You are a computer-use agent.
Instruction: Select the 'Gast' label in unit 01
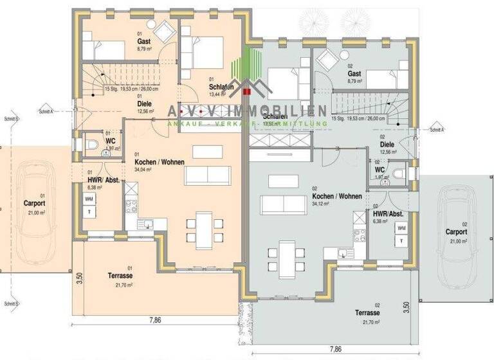coord(143,40)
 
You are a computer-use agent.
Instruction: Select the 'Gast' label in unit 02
coord(354,74)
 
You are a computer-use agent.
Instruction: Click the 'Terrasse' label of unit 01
coord(120,275)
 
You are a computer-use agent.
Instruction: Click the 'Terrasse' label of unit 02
coord(367,312)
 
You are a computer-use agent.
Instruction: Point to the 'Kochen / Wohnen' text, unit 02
coord(336,196)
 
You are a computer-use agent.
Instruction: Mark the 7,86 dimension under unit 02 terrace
coord(334,349)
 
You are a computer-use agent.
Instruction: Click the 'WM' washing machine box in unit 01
coord(88,199)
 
